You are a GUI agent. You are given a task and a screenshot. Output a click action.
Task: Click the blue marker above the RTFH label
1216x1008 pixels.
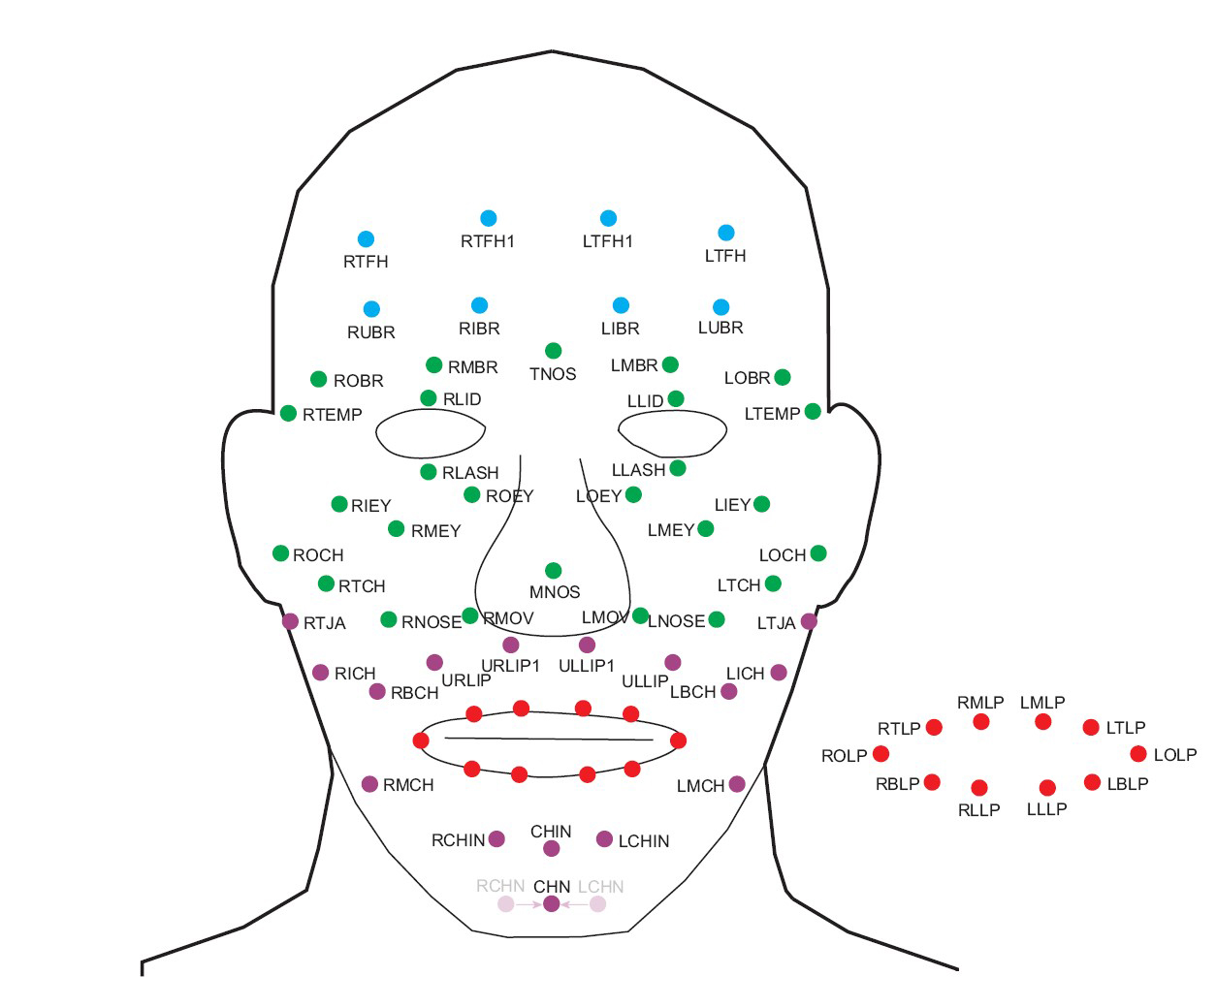coord(366,239)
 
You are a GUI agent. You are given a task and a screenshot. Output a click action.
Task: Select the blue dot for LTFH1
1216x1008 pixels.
coord(608,218)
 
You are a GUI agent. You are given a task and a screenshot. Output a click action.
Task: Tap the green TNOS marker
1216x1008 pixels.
coord(553,351)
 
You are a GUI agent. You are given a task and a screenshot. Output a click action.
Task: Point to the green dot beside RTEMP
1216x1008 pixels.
coord(288,414)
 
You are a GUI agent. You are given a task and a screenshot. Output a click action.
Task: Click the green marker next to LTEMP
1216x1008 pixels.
coord(813,411)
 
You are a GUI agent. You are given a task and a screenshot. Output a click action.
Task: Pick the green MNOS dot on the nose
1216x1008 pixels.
coord(553,571)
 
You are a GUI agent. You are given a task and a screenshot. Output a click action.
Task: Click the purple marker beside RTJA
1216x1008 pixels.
coord(290,621)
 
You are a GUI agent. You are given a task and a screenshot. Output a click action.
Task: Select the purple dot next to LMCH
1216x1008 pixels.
coord(737,784)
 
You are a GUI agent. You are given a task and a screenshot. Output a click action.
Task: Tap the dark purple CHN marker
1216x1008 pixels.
coord(552,903)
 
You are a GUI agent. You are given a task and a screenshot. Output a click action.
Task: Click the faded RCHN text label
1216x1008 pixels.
coord(500,886)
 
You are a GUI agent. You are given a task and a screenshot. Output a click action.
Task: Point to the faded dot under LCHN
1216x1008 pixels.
coord(598,904)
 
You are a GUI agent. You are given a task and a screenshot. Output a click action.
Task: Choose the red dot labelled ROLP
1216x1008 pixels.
coord(880,754)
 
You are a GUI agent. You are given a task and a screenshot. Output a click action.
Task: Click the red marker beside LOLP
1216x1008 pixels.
coord(1138,754)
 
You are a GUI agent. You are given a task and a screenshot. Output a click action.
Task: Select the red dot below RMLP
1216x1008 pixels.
coord(981,722)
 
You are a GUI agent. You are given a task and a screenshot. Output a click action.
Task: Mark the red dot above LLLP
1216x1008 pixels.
coord(1047,788)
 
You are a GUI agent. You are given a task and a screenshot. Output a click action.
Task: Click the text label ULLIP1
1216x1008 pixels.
coord(587,666)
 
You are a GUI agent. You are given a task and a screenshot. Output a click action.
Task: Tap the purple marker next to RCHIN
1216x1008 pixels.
coord(496,839)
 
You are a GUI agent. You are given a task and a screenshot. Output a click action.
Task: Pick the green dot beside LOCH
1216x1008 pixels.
coord(818,553)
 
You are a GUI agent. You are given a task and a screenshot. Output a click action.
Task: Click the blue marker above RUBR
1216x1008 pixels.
coord(371,309)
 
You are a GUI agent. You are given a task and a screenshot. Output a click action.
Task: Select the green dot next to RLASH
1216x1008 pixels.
coord(429,472)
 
